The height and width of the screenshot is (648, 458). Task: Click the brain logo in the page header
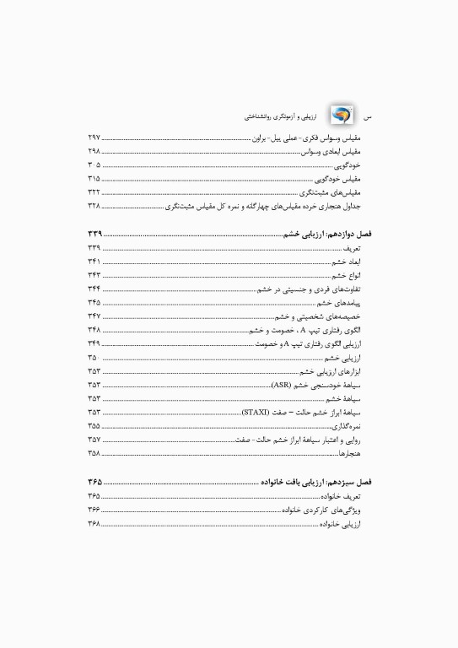342,114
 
